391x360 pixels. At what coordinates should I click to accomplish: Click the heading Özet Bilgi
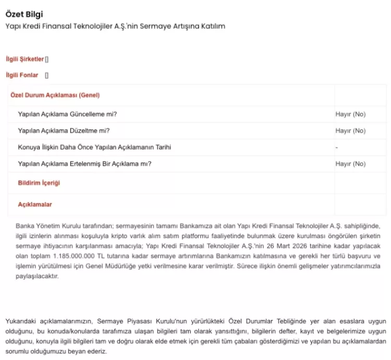[x=25, y=14]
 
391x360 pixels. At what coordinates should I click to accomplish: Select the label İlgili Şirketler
[x=25, y=59]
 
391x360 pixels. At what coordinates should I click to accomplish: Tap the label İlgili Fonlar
[x=22, y=75]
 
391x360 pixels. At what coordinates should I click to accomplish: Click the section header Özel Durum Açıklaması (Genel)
[x=55, y=95]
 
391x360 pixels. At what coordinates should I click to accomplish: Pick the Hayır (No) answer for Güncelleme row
[x=350, y=114]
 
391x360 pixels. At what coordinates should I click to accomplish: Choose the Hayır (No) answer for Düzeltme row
[x=350, y=131]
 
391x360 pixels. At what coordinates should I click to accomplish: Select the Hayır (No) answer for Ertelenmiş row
[x=350, y=164]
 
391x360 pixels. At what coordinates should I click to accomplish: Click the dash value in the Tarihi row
[x=337, y=147]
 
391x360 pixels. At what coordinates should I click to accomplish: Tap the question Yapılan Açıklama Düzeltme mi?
[x=64, y=131]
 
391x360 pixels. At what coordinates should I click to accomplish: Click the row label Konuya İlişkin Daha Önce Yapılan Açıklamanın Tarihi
[x=94, y=147]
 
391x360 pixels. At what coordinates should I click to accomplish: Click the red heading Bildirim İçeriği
[x=39, y=183]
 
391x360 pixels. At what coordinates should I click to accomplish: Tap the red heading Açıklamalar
[x=35, y=205]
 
